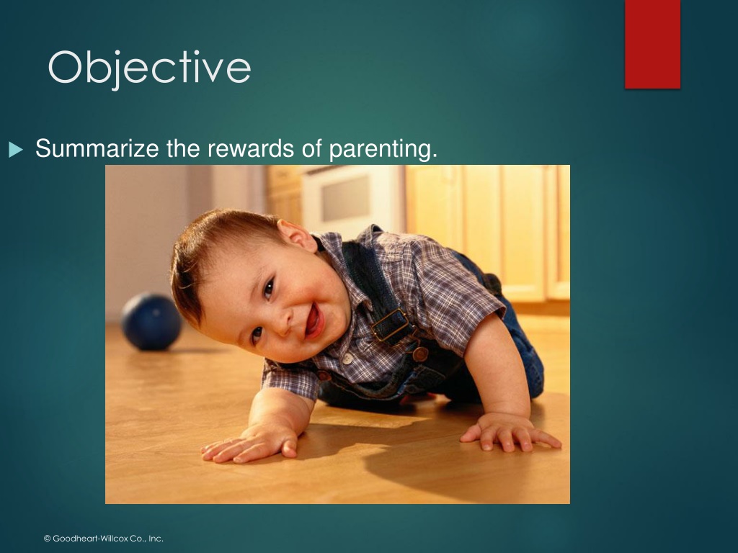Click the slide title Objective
[149, 68]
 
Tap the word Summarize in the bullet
[97, 148]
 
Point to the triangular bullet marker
[15, 150]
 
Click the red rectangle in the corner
[652, 44]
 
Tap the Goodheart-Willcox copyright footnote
[104, 539]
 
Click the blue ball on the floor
[151, 322]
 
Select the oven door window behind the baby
[346, 198]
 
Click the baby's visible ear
[297, 235]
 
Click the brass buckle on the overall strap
[391, 325]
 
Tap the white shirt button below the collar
[347, 359]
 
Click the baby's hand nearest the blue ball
[249, 444]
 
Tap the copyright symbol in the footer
[47, 539]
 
